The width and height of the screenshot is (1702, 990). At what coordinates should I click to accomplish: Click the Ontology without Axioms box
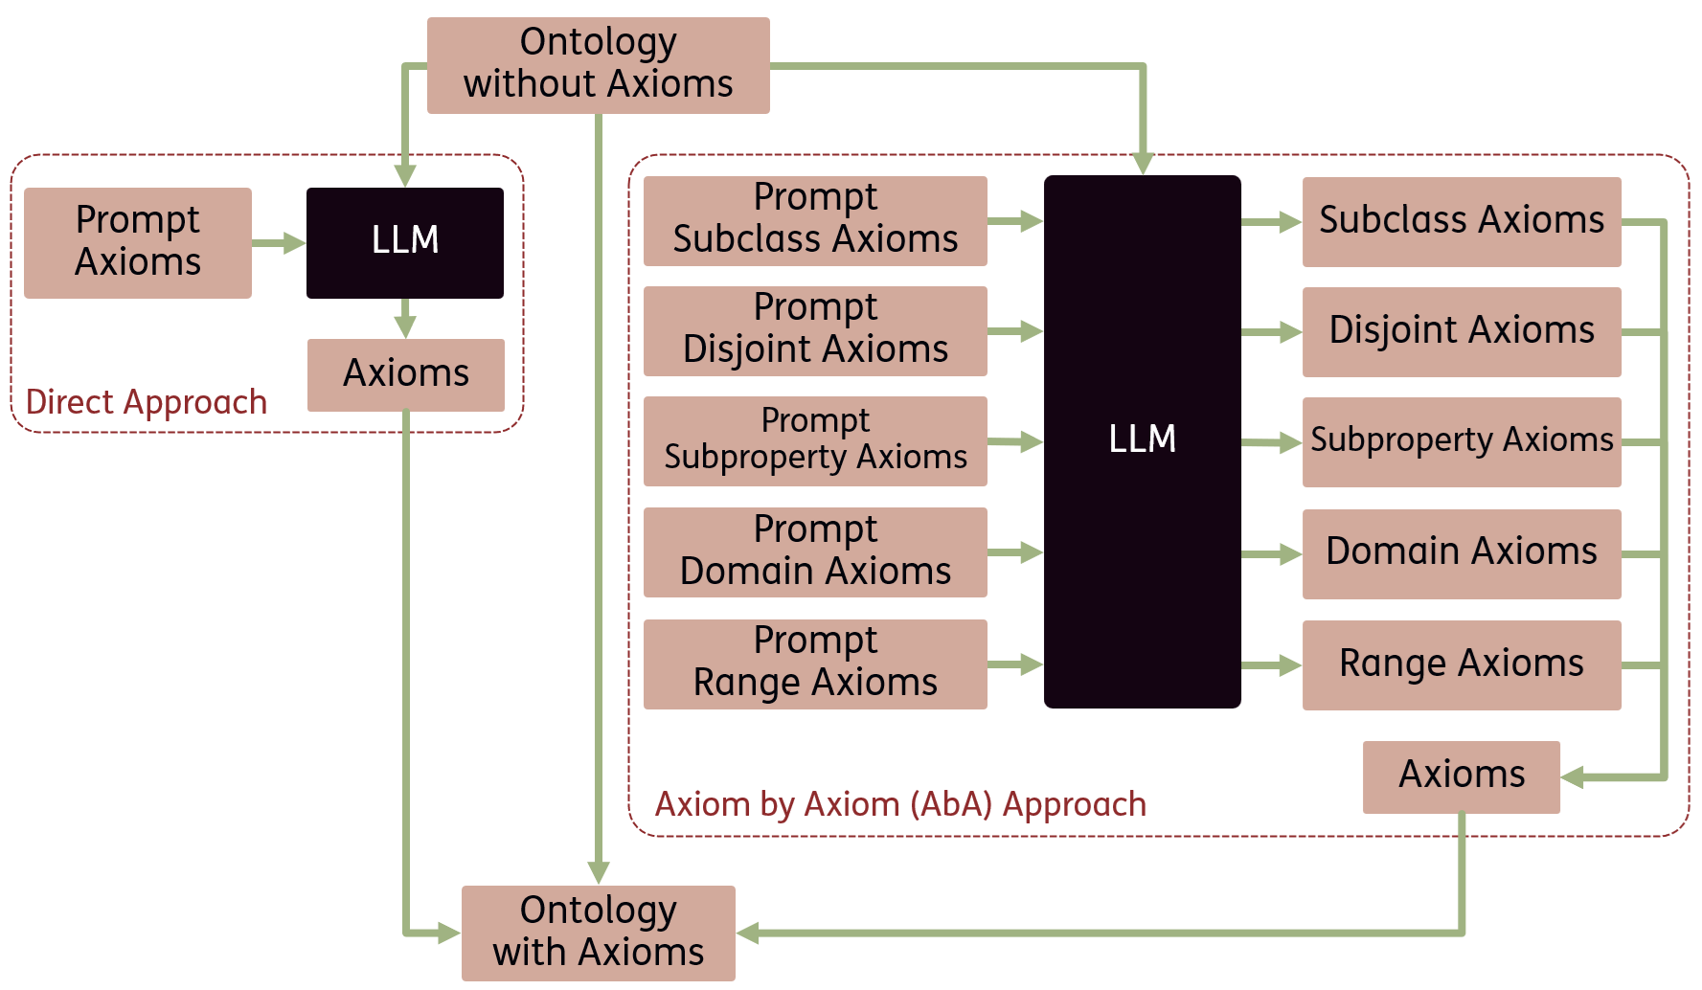(598, 65)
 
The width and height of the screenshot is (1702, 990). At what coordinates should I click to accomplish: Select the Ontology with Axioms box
(598, 933)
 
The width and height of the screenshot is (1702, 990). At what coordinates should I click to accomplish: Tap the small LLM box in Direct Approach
(404, 242)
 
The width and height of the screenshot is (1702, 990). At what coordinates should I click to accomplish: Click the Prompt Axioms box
(138, 242)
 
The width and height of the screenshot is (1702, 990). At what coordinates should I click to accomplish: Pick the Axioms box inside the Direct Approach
(405, 374)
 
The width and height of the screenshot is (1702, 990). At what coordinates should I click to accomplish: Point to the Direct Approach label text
(147, 402)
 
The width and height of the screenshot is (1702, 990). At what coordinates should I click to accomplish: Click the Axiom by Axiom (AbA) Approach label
(900, 804)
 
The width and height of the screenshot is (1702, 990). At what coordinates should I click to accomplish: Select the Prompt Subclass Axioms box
(815, 220)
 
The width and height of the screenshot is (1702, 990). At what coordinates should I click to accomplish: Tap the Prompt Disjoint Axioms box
(815, 330)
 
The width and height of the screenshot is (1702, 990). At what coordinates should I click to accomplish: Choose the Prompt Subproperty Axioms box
(815, 440)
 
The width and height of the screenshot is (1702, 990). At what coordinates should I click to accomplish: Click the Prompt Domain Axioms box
(815, 551)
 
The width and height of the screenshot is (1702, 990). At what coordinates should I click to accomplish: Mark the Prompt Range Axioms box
(815, 664)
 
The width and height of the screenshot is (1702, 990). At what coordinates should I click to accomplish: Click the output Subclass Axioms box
(1461, 221)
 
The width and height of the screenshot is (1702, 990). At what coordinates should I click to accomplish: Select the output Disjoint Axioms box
(1461, 331)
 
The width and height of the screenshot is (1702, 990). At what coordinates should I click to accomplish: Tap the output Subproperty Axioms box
(1461, 441)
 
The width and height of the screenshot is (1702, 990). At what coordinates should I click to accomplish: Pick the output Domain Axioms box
(1461, 553)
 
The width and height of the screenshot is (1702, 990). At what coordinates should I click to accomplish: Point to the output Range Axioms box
(1461, 664)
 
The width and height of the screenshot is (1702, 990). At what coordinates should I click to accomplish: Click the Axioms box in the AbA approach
(1461, 776)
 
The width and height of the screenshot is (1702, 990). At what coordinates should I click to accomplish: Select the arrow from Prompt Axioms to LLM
(279, 243)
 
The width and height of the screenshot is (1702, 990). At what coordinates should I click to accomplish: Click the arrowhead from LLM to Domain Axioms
(1289, 554)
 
